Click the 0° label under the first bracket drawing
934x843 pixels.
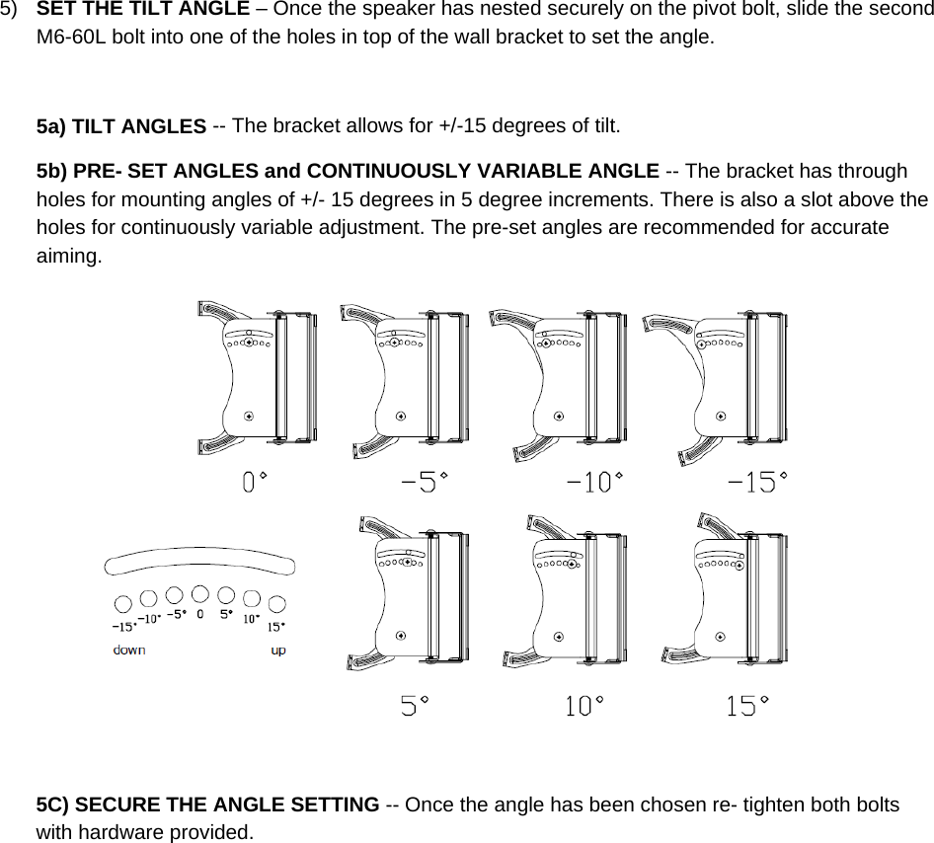(255, 483)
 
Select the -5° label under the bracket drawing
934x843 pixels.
(424, 483)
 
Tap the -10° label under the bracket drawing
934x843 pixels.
(594, 483)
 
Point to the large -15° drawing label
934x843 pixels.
(757, 483)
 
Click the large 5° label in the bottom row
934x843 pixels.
(415, 707)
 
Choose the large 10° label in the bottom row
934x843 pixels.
(584, 707)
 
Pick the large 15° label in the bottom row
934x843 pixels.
(747, 707)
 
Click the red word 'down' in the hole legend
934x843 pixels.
(129, 651)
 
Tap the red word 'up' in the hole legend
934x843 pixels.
(278, 651)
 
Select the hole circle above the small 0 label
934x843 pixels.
(200, 593)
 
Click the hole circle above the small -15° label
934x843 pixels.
(122, 602)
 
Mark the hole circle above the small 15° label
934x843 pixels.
(277, 602)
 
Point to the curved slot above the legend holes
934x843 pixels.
(200, 562)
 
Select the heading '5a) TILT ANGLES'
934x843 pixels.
(120, 126)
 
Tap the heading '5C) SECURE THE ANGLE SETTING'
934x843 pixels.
(207, 805)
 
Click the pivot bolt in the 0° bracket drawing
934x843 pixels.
(249, 416)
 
